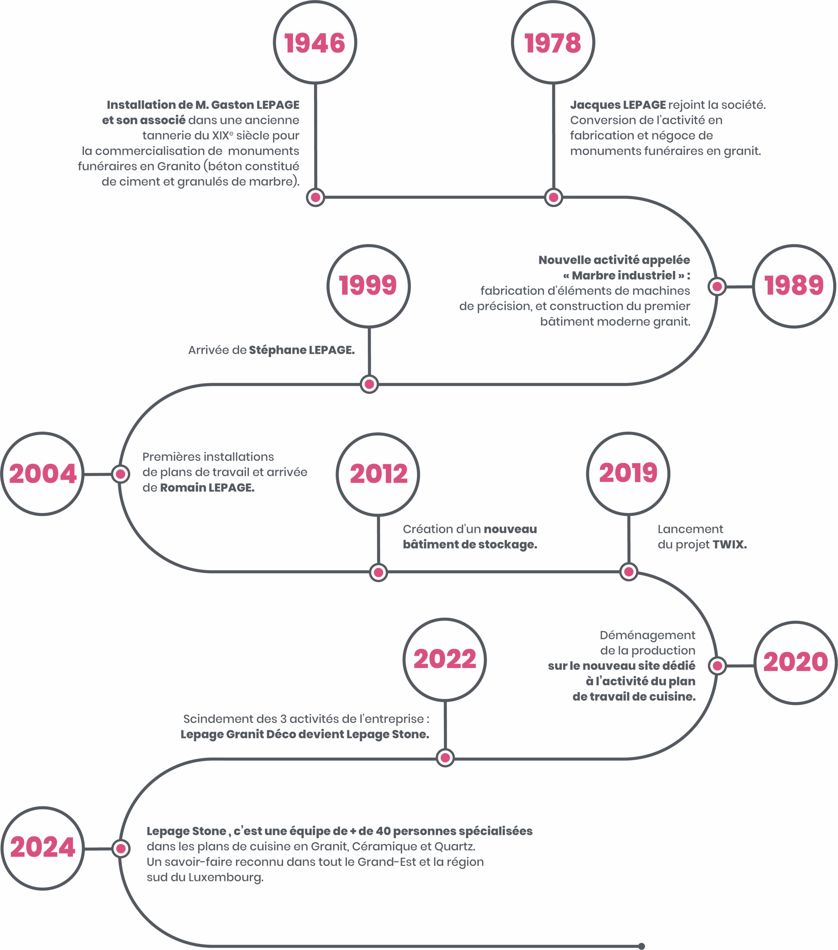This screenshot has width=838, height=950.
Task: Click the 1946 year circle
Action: (315, 42)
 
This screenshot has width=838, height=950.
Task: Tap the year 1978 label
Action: (553, 43)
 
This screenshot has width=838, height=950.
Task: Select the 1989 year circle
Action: (794, 286)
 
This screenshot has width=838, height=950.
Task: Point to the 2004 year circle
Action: (42, 474)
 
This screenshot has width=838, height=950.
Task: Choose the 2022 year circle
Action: (445, 659)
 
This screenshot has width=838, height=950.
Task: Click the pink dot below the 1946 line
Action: (316, 197)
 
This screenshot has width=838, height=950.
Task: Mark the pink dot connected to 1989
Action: (717, 286)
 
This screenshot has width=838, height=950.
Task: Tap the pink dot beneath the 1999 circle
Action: (369, 384)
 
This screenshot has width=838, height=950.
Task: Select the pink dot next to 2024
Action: (121, 849)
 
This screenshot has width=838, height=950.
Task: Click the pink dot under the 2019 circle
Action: (628, 572)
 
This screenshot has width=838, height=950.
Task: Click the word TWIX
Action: (729, 545)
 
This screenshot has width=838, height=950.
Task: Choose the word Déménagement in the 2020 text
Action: (647, 635)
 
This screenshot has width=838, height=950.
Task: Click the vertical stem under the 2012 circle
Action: (378, 541)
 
